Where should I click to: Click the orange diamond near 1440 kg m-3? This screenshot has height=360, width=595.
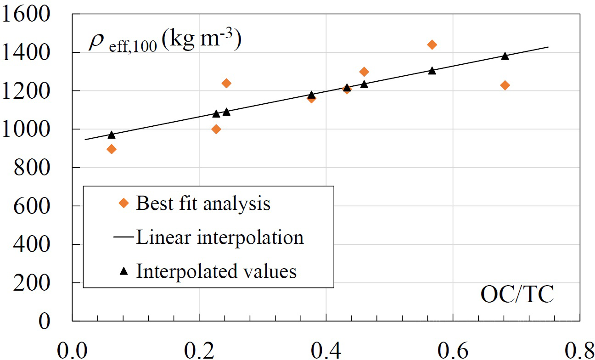tap(432, 45)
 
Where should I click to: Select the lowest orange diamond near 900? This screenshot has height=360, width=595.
tap(111, 149)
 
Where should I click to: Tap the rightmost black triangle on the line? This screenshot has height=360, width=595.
tap(505, 56)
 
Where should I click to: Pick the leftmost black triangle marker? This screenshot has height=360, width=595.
tap(111, 135)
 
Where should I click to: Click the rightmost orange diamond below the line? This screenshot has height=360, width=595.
tap(505, 85)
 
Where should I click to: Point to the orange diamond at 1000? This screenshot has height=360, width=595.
tap(216, 129)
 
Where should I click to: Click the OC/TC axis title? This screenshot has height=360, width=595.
tap(516, 295)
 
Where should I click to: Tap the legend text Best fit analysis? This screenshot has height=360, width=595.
tap(203, 203)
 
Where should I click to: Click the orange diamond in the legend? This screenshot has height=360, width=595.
tap(123, 203)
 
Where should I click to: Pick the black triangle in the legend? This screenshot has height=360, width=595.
tap(123, 271)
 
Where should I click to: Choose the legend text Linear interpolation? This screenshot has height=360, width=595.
tap(219, 237)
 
